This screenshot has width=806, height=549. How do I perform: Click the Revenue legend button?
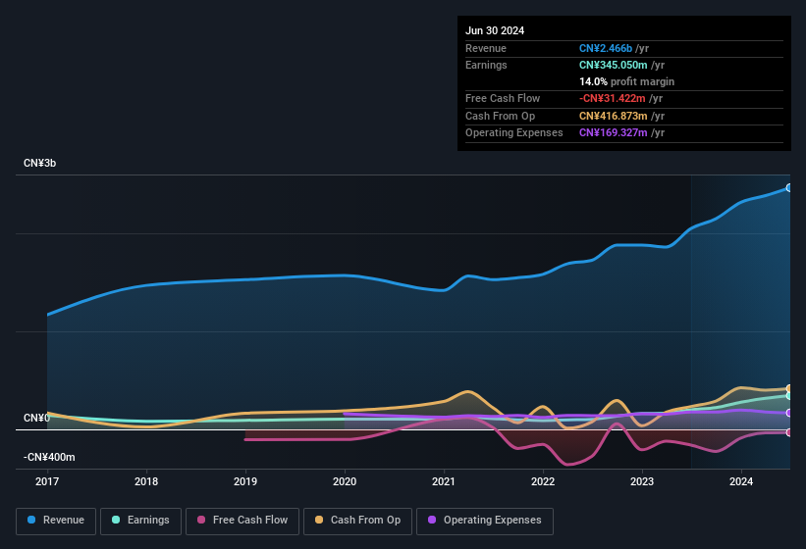click(x=56, y=521)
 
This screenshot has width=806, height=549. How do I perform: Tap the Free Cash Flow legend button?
click(x=242, y=521)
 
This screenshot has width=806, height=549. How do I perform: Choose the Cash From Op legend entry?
click(x=357, y=521)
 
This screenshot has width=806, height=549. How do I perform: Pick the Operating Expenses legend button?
click(x=484, y=521)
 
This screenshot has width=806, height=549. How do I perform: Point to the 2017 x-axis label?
click(x=47, y=481)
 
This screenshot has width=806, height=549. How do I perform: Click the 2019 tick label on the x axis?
click(x=245, y=481)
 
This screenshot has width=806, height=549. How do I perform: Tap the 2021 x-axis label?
click(x=444, y=481)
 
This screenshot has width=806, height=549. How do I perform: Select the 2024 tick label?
click(x=741, y=481)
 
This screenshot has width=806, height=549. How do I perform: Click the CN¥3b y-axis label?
click(x=40, y=163)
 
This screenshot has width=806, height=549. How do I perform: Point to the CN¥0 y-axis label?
click(x=36, y=419)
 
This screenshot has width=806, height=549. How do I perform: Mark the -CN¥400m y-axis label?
click(x=49, y=457)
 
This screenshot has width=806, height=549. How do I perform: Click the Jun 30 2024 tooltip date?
click(x=495, y=30)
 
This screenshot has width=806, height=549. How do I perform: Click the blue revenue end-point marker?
click(x=788, y=187)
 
